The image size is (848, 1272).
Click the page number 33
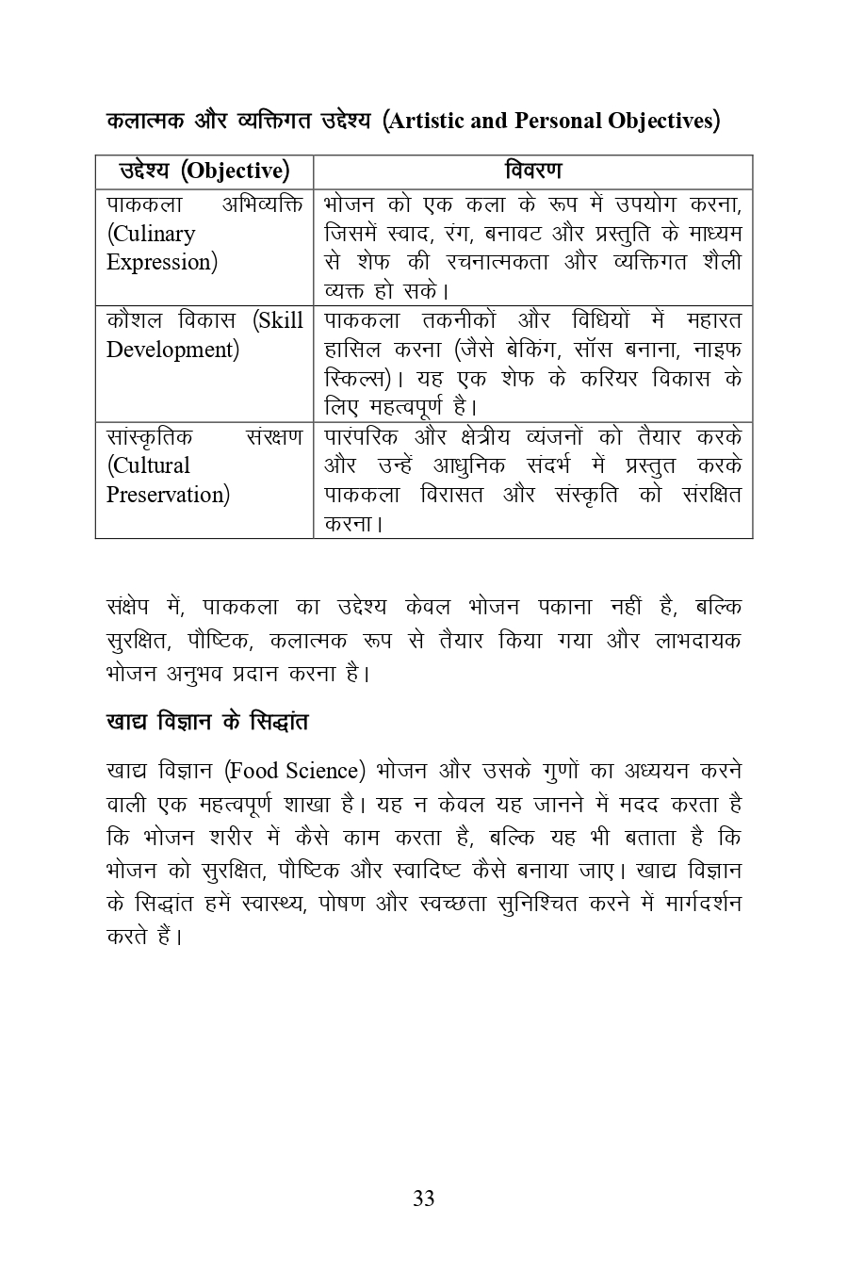tap(423, 1199)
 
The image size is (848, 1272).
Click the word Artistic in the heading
tap(428, 121)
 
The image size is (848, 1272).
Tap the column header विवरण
tap(532, 171)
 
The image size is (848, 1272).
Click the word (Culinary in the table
tap(151, 234)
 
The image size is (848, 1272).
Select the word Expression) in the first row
tap(162, 262)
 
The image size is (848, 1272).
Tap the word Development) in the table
tap(172, 350)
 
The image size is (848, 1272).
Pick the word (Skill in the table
tap(278, 320)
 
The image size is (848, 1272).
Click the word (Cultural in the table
tap(148, 465)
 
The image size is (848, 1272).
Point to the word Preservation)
tap(168, 495)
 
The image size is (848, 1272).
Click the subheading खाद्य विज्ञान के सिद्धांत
tap(207, 723)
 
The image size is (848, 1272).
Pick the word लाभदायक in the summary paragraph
tap(698, 641)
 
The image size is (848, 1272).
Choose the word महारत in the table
tap(714, 320)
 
